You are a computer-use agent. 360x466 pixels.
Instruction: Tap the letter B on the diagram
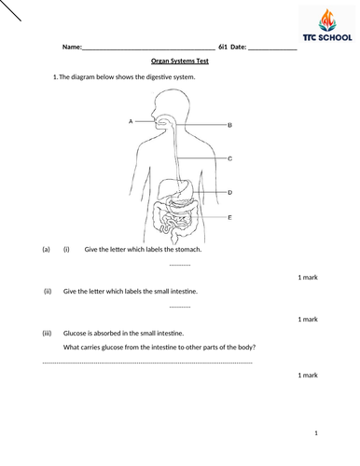229,123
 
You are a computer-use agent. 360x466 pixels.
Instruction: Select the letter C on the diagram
229,159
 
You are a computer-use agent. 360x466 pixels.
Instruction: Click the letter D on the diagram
229,192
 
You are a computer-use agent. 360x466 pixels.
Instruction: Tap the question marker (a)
46,250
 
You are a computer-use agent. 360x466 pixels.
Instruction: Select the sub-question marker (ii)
47,291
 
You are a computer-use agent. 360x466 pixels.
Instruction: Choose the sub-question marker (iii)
47,333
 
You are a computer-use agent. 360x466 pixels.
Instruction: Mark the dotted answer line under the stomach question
180,265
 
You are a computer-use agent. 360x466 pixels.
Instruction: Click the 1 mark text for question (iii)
308,375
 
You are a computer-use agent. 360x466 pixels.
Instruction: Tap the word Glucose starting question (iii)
76,333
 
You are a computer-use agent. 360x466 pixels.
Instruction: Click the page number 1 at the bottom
316,433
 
